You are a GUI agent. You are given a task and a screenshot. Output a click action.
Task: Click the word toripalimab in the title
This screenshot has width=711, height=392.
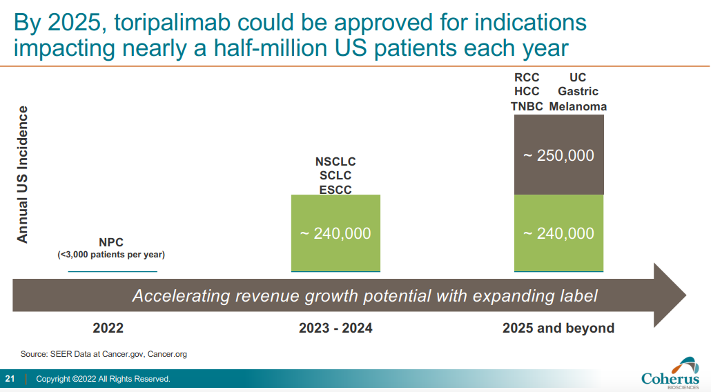click(x=161, y=23)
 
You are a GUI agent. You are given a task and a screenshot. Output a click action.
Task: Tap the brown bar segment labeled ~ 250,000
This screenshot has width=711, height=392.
click(x=558, y=155)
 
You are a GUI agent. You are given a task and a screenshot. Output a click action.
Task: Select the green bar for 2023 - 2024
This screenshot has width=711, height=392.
click(x=335, y=233)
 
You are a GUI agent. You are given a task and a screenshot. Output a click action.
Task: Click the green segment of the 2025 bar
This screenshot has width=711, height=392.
click(x=558, y=233)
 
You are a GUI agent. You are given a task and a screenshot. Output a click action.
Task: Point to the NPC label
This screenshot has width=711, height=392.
click(x=111, y=242)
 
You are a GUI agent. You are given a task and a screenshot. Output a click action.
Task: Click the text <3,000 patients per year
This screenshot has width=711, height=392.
click(x=111, y=255)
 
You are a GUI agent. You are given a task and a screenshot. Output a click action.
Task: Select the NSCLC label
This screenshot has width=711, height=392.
click(x=335, y=162)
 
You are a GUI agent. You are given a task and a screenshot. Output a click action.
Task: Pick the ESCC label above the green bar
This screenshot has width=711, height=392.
click(x=335, y=189)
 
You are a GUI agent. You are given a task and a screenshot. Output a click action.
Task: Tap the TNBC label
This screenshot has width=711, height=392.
click(x=527, y=106)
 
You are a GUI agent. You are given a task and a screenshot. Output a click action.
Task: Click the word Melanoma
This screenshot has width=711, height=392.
click(x=578, y=106)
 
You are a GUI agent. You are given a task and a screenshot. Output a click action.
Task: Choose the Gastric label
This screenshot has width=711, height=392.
click(x=578, y=92)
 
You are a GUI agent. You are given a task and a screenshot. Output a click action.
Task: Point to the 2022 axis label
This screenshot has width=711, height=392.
click(x=108, y=329)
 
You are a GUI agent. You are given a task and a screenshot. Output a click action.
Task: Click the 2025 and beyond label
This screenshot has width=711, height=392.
click(x=558, y=329)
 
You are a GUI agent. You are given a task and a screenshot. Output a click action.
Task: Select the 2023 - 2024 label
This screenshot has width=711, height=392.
click(x=335, y=329)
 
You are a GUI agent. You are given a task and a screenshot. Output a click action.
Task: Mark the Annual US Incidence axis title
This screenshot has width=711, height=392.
click(x=23, y=174)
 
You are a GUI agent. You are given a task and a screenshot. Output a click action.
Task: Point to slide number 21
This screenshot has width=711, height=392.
click(x=10, y=379)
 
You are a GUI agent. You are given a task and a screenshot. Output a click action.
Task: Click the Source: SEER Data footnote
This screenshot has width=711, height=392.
click(x=104, y=354)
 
